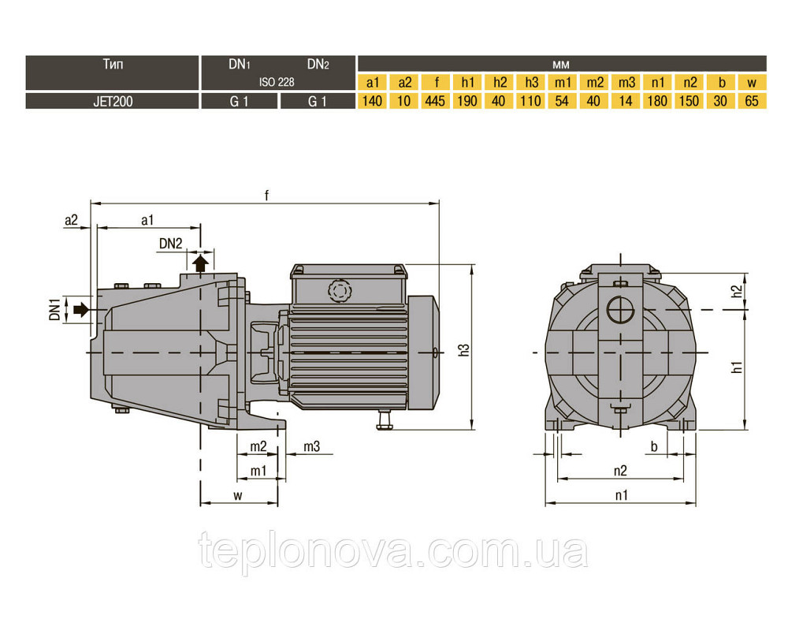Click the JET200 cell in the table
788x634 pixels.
(113, 101)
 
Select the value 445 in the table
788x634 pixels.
(435, 101)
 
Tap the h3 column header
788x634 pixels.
(530, 82)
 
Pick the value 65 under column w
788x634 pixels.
(752, 101)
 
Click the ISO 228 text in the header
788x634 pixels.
(277, 82)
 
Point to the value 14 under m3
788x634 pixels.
(626, 101)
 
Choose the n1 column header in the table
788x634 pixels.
(657, 82)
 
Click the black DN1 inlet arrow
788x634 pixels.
(80, 310)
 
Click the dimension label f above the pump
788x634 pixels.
(267, 195)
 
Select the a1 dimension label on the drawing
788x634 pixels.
(147, 220)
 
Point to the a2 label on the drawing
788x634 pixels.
(72, 220)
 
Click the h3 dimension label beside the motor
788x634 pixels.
(464, 350)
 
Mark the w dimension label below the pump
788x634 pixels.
(238, 495)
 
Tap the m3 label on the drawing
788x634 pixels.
(311, 446)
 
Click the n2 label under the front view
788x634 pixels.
(621, 470)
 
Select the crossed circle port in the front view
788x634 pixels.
(620, 310)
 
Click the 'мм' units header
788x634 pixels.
(561, 65)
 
